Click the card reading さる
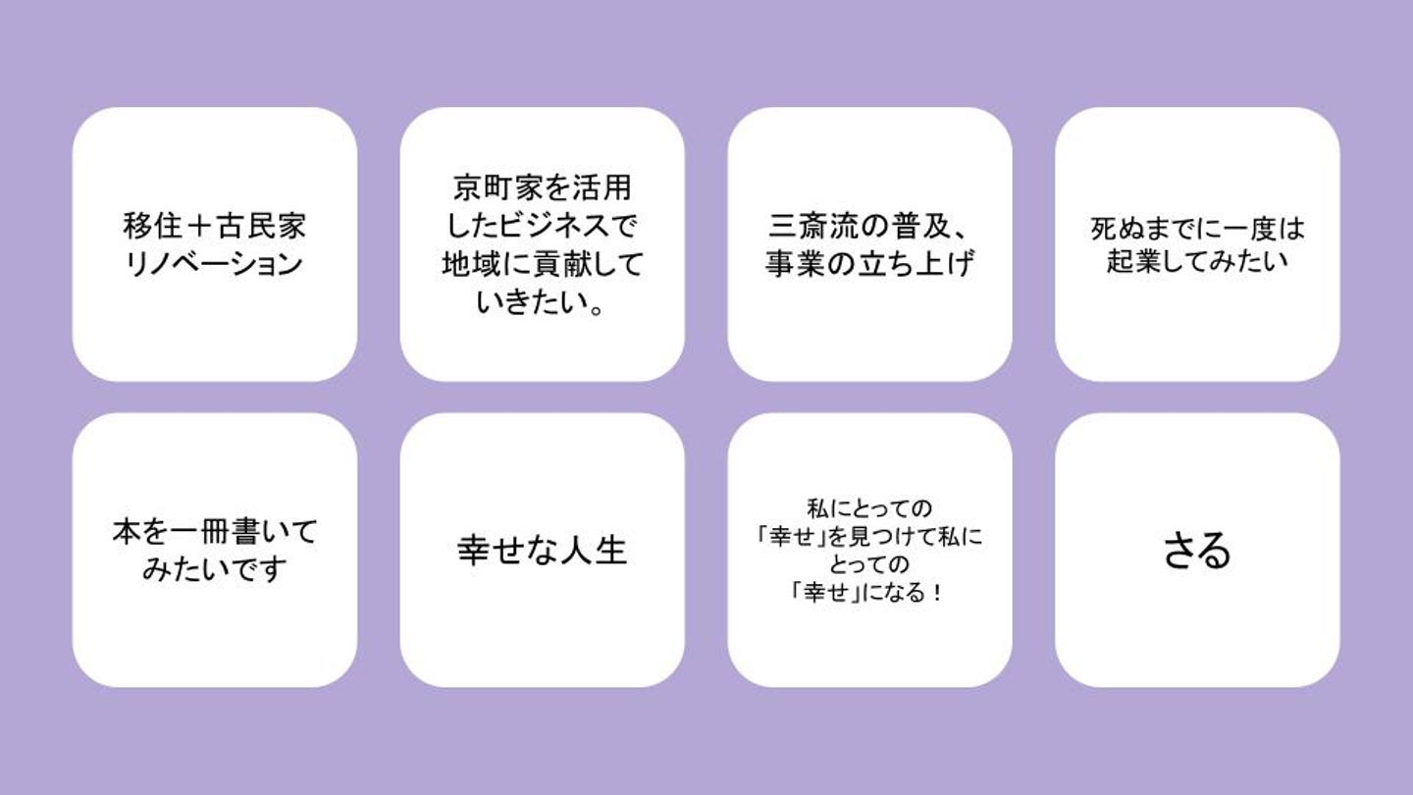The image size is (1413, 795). coord(1197,550)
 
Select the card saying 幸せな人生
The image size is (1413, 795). coord(542,550)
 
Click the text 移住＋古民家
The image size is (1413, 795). coord(215,227)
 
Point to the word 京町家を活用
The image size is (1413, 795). coord(542,187)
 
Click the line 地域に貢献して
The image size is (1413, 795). coord(542,265)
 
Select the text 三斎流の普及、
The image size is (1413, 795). coord(869,227)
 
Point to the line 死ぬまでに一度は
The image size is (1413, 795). coord(1197,230)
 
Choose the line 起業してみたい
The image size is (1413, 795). coord(1197,262)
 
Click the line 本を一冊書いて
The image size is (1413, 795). coord(215,532)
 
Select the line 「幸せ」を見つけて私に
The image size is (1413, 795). coord(869,537)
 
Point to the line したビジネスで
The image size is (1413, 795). coord(542,227)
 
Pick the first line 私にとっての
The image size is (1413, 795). coord(869,508)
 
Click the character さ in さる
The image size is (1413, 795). coord(1179,550)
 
